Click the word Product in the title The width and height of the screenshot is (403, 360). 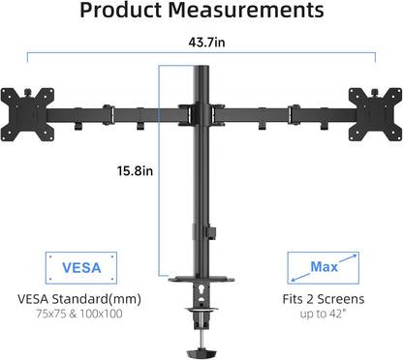click(123, 13)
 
